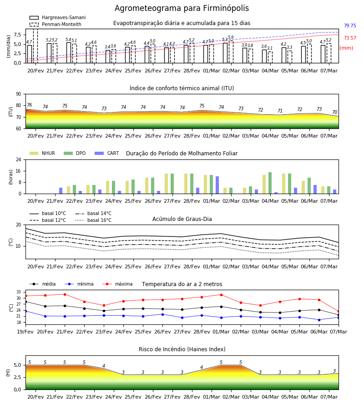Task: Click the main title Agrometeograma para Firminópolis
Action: click(182, 8)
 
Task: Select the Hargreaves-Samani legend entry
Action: click(57, 17)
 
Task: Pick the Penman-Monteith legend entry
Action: click(56, 24)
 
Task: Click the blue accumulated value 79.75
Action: click(350, 26)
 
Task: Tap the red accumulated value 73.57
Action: click(350, 38)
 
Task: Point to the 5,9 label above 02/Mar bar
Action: click(231, 37)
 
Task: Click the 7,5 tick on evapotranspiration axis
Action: click(18, 35)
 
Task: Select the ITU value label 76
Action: click(30, 105)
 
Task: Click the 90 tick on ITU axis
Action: click(19, 94)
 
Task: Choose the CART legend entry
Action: click(107, 153)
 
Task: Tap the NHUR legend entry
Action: click(42, 153)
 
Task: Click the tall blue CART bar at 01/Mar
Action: click(217, 185)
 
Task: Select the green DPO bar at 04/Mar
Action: click(270, 183)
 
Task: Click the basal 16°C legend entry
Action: click(93, 220)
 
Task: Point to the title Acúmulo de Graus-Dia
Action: click(182, 219)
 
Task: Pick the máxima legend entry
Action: click(117, 284)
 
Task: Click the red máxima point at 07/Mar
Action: click(339, 312)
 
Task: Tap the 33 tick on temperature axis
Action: click(19, 292)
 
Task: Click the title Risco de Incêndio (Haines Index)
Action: click(182, 349)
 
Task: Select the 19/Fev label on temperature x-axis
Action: click(25, 332)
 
